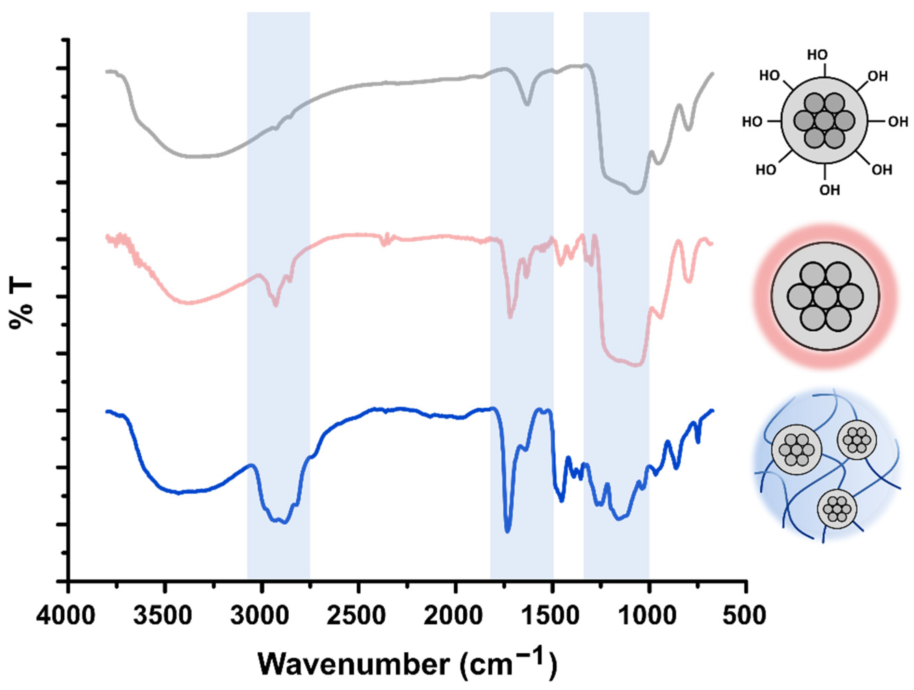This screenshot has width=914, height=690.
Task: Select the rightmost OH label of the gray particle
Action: [x=898, y=122]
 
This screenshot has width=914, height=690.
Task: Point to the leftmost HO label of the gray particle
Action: [x=752, y=122]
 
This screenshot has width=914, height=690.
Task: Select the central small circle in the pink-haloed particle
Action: [x=825, y=296]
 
